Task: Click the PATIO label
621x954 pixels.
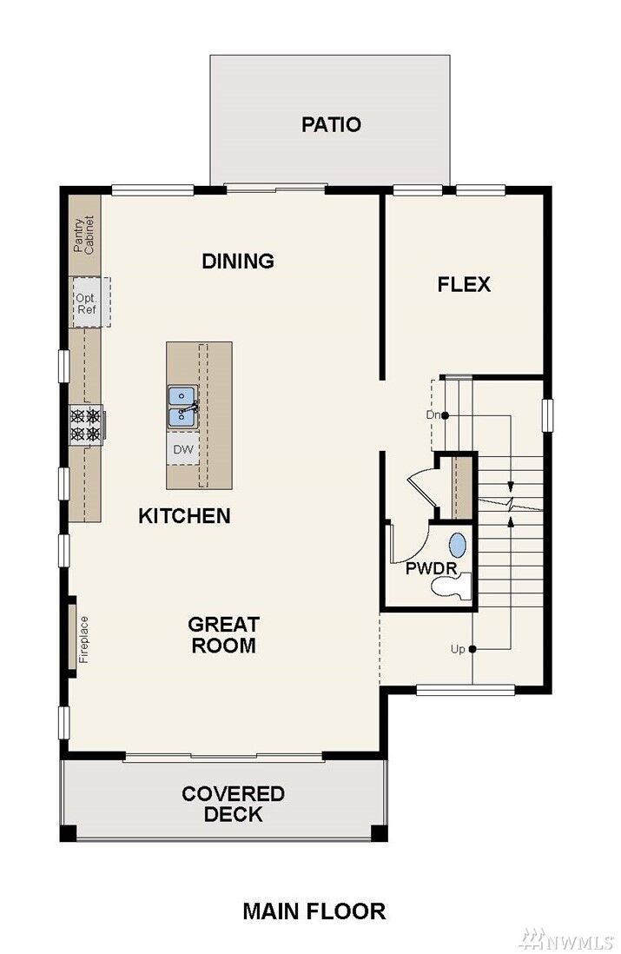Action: (331, 124)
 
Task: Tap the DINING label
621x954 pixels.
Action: (238, 261)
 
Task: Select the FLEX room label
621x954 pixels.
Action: (464, 284)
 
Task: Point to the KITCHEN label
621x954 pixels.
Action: (184, 516)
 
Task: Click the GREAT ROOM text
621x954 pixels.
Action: (223, 635)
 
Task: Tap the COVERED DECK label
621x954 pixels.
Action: (233, 804)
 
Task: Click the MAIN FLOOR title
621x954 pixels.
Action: (314, 911)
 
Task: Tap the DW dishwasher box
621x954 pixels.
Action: (182, 449)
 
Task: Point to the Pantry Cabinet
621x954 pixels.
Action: (85, 225)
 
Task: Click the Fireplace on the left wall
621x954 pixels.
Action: (73, 639)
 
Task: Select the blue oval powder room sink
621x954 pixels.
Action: (457, 546)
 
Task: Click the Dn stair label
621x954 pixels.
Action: (433, 414)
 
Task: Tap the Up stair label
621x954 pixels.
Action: (457, 649)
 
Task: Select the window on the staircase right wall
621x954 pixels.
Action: (546, 414)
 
